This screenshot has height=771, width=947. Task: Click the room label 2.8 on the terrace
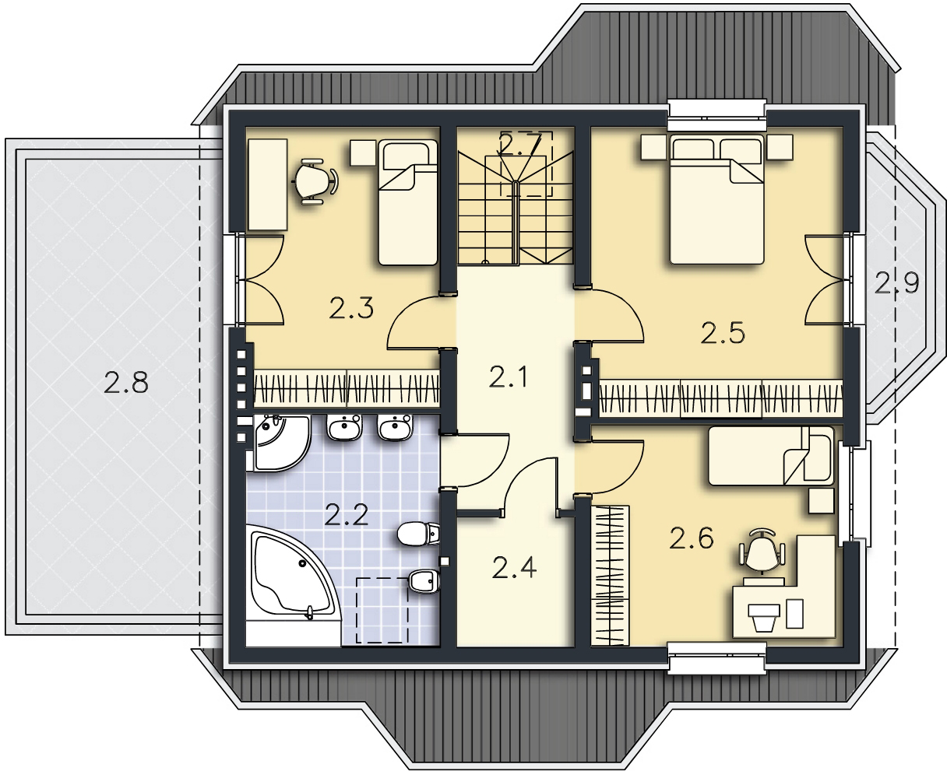(x=126, y=383)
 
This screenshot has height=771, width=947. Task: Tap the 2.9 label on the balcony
(x=896, y=283)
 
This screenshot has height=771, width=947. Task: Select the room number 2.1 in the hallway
(x=509, y=377)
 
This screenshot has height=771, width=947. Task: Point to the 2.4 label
(x=514, y=567)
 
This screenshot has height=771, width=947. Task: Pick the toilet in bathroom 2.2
(x=418, y=534)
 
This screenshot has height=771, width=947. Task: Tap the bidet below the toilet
(x=424, y=581)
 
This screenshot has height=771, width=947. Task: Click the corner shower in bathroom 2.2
(x=280, y=443)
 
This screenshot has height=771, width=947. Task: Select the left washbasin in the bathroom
(x=344, y=427)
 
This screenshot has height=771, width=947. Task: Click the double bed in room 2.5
(x=716, y=199)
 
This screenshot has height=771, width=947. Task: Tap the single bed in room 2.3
(x=408, y=202)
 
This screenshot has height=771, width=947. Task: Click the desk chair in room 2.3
(x=315, y=181)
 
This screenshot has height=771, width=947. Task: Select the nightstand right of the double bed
(x=780, y=147)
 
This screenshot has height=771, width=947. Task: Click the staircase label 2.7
(x=520, y=143)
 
